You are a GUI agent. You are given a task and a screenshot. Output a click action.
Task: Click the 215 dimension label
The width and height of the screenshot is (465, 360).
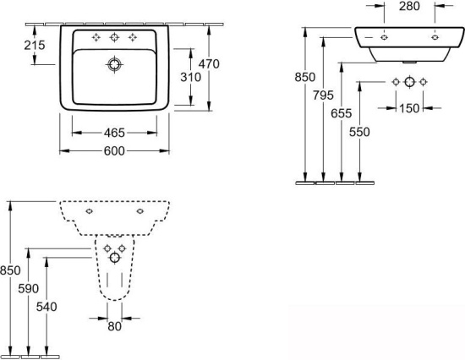pos(35,45)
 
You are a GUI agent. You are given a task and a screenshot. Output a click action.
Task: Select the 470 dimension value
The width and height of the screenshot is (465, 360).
pos(209,63)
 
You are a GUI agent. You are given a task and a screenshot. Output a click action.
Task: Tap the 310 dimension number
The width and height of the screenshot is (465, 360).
pos(191,77)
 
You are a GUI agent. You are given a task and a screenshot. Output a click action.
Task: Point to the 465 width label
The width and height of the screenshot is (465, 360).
pos(114,133)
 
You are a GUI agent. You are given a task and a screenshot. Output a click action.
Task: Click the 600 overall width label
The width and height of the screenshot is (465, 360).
pos(114,151)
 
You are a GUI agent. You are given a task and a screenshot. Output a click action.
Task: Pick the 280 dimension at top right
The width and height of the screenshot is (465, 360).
pos(409,6)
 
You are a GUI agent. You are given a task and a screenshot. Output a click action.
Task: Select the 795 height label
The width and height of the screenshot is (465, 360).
pos(323,95)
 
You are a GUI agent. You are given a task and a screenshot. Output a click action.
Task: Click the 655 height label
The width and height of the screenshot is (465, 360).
pos(342,113)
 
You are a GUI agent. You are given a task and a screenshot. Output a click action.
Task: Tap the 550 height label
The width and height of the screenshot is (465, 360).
pos(359,132)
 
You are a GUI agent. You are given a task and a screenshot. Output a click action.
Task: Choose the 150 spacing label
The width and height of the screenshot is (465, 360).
pos(409,108)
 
